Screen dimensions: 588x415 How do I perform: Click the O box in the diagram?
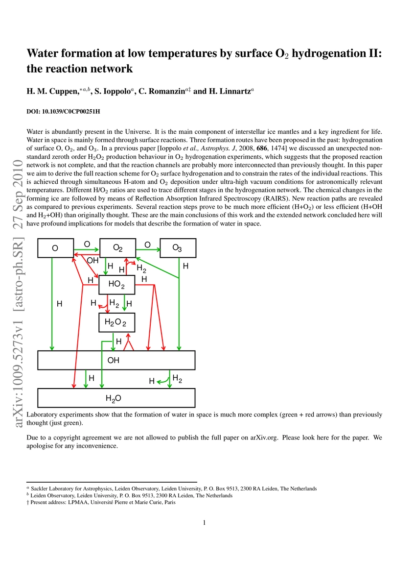(56, 248)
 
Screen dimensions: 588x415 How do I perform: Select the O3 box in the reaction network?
(178, 248)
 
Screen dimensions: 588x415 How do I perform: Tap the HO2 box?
(116, 285)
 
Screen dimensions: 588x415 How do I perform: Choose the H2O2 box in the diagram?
(116, 322)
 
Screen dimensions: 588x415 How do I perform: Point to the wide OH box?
(116, 360)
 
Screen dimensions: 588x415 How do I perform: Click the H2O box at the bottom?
(116, 398)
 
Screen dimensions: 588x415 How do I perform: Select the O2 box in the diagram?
(117, 248)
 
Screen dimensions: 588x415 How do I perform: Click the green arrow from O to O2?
(87, 249)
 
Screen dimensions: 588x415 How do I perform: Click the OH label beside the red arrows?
(92, 261)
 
